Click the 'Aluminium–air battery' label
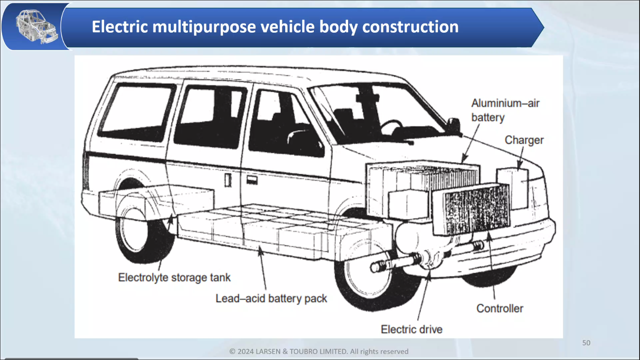coord(505,110)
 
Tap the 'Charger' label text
coord(524,140)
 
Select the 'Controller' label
coord(499,308)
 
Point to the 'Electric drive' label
coord(411,329)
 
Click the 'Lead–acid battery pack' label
coord(271,298)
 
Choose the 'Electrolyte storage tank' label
coord(174,277)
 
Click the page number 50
coord(586,343)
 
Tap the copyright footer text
coord(319,351)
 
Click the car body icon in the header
coord(36,27)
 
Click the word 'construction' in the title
coord(410,27)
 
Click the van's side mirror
coord(454,125)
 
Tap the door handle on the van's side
coord(252,180)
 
